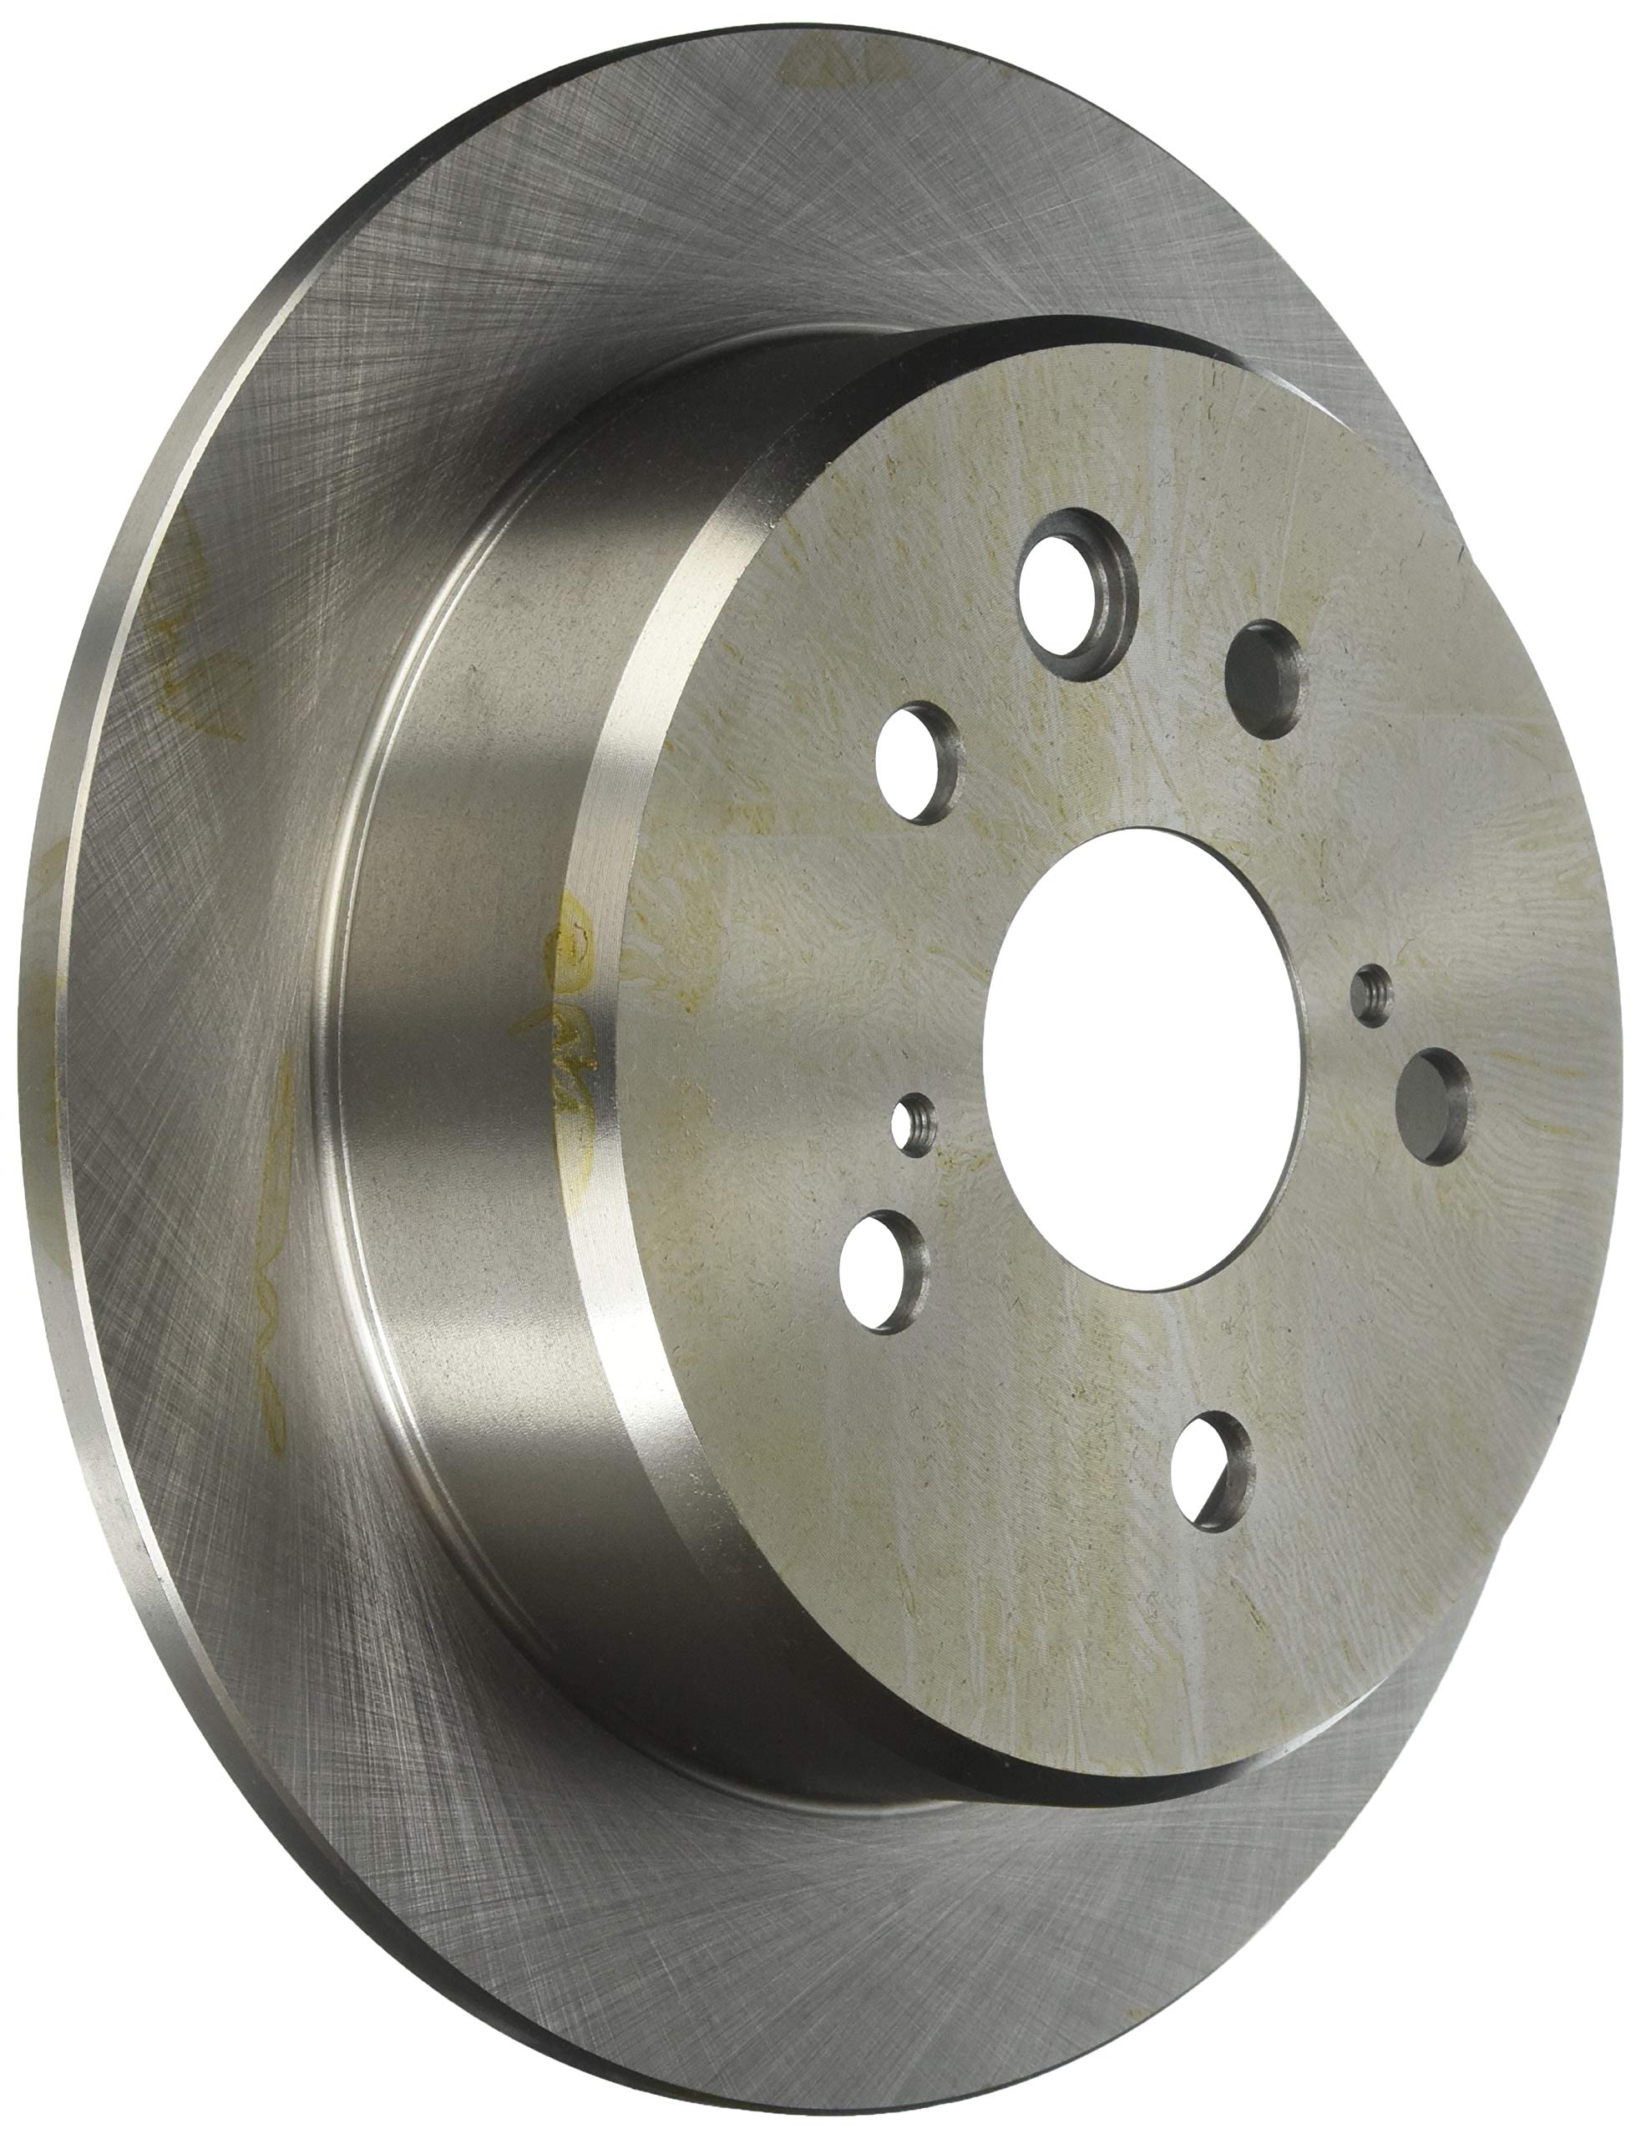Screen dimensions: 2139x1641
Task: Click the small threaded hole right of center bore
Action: click(1372, 990)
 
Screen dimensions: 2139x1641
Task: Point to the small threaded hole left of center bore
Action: click(914, 1124)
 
